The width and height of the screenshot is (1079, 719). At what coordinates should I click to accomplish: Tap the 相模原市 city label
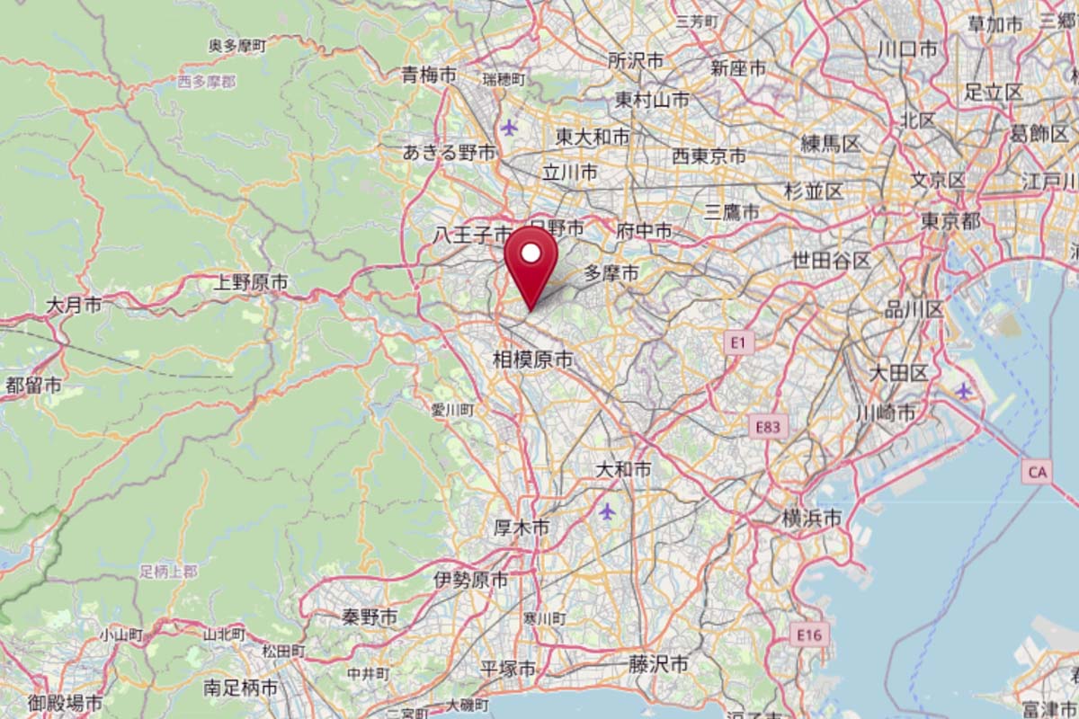533,360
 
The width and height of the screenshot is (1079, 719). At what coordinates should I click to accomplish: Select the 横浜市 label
811,518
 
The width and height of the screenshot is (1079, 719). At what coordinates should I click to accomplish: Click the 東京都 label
950,220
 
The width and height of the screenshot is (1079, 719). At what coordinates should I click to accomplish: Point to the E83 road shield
769,427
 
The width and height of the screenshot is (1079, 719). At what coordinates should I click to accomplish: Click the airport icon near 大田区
965,391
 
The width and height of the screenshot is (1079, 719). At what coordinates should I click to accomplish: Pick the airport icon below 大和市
608,511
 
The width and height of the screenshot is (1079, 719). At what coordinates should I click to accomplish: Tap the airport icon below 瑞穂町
511,126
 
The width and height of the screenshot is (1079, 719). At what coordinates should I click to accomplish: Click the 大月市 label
73,306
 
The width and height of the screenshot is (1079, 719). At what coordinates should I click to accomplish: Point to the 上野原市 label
251,283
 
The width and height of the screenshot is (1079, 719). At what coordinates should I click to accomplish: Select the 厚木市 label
522,528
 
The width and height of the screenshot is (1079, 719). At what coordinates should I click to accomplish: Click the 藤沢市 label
658,664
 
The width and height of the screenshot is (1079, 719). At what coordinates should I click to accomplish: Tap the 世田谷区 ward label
831,261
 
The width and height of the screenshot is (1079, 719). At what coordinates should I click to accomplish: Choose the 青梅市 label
430,75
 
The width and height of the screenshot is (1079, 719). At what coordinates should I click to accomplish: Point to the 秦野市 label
370,617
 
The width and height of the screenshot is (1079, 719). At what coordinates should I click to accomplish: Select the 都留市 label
33,386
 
